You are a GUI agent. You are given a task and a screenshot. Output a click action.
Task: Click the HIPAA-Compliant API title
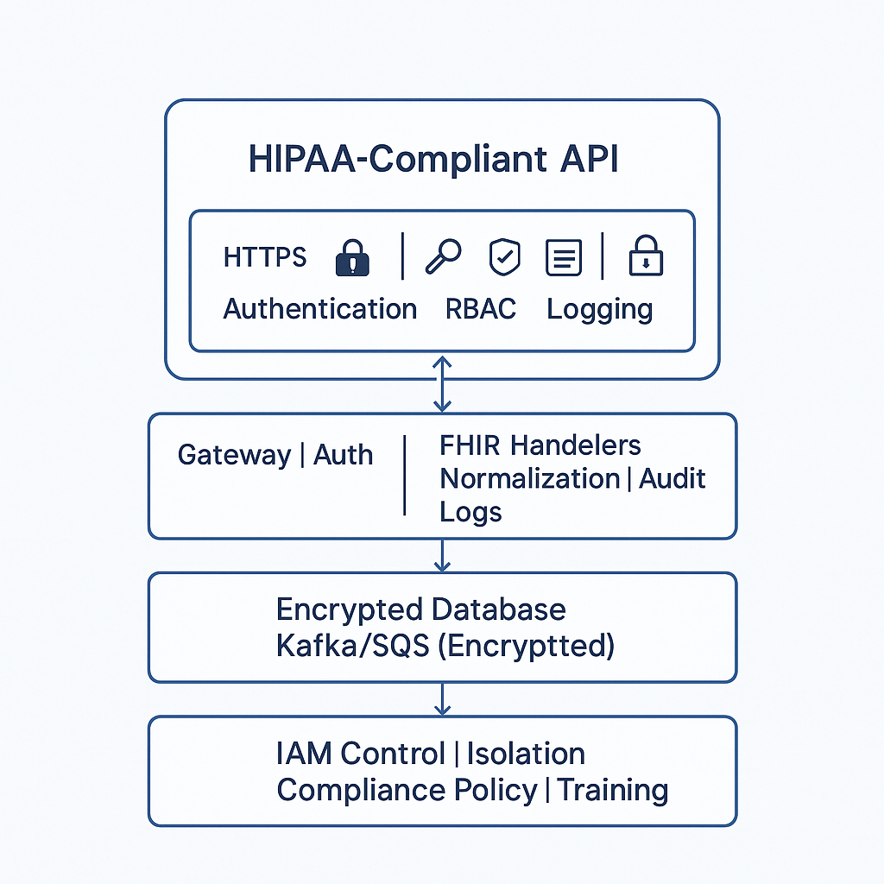pos(433,159)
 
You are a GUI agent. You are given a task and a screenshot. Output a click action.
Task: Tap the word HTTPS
pos(264,257)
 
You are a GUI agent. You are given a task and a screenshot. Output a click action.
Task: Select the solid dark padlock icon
pos(352,257)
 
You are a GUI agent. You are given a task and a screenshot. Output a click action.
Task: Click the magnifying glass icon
pos(443,256)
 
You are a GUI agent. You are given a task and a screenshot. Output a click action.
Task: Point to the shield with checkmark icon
pos(504,257)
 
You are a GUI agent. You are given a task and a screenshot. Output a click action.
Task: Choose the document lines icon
pos(564,257)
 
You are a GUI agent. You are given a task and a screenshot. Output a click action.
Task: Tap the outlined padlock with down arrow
pos(646,256)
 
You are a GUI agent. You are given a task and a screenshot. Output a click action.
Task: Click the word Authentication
pos(320,309)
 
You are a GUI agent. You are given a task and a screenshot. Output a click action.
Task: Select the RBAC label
pos(480,309)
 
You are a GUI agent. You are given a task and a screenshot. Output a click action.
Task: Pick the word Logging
pos(600,311)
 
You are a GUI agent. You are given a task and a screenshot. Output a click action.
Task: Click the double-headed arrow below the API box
pos(443,383)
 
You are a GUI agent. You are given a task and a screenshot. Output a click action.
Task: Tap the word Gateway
pos(235,456)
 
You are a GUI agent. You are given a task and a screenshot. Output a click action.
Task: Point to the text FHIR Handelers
pos(540,445)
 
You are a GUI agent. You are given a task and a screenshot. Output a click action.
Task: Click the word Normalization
pos(530,478)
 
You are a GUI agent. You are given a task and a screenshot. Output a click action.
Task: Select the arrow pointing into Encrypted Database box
pos(443,555)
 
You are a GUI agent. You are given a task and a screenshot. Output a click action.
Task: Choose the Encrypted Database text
pos(421,610)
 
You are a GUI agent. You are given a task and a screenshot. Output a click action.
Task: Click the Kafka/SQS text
pos(353,646)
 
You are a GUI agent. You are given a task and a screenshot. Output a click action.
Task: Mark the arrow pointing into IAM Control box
pos(443,699)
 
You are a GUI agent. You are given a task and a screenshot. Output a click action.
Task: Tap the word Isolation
pos(526,754)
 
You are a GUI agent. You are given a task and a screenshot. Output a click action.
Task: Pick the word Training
pos(613,791)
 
